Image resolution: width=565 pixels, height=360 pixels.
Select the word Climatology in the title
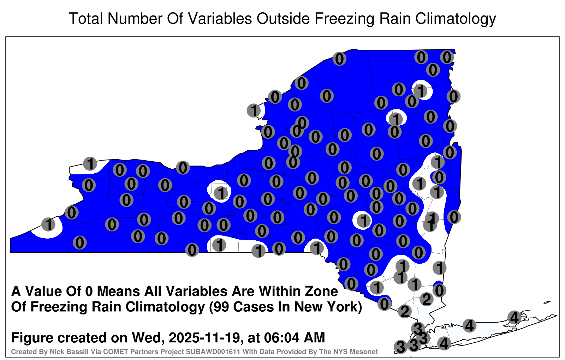coord(456,19)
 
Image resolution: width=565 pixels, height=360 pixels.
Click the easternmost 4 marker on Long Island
coord(514,317)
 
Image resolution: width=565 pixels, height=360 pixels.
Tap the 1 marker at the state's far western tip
coord(48,224)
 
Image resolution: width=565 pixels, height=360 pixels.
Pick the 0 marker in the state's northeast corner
coord(447,57)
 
